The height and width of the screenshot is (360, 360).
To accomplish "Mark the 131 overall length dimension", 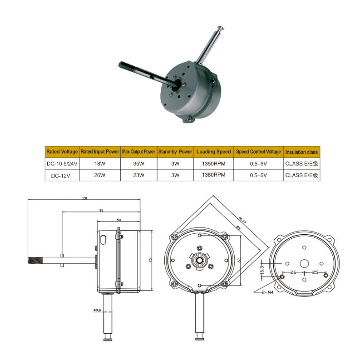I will click(84, 198).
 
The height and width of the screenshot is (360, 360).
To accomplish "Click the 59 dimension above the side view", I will click(119, 220).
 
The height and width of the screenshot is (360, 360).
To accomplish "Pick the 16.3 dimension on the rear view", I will click(262, 268).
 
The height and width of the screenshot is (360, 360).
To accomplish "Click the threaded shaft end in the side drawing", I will click(35, 261).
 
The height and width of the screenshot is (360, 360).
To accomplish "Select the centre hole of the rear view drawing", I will click(304, 263).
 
